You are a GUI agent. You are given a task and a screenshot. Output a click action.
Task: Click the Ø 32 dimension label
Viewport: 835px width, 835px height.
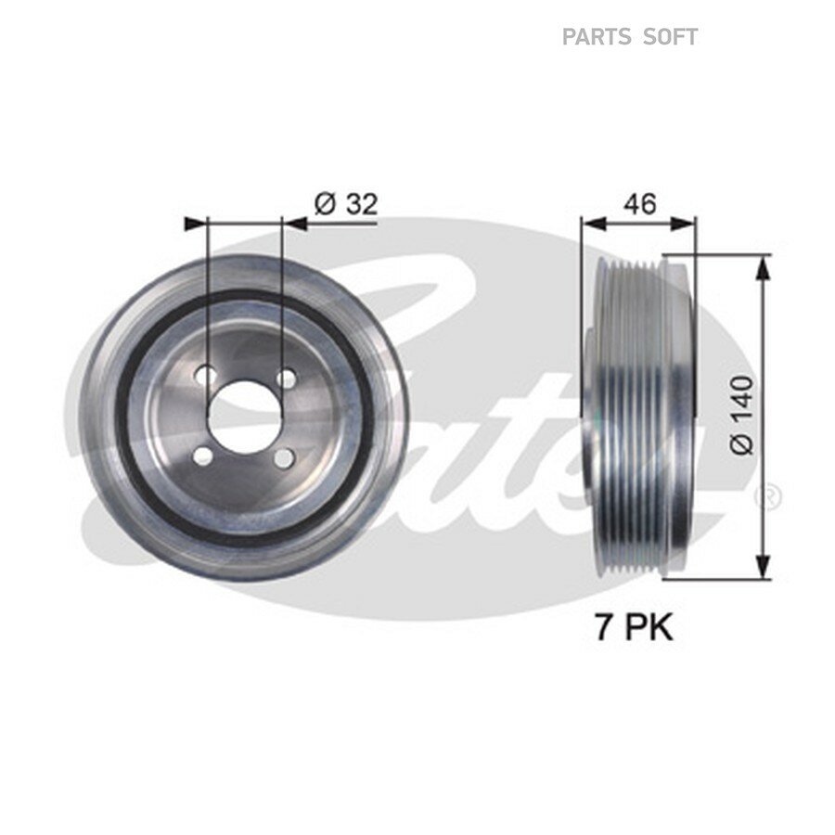(346, 204)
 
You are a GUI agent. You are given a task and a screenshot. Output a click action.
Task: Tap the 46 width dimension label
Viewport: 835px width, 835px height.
(640, 203)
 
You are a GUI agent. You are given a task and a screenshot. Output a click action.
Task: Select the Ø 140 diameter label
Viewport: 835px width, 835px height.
(742, 416)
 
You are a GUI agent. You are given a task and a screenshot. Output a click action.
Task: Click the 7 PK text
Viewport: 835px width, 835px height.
(634, 627)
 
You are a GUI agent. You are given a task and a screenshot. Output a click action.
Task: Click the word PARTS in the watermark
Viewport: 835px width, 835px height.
(597, 37)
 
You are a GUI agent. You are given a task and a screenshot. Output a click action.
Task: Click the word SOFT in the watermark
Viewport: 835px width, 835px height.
(671, 37)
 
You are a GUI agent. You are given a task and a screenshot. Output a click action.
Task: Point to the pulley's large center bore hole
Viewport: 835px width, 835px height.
(244, 416)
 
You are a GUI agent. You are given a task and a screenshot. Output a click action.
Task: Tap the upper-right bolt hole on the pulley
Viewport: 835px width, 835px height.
(287, 379)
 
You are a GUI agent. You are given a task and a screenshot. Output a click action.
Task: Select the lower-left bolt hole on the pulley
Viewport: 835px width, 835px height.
(202, 456)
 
